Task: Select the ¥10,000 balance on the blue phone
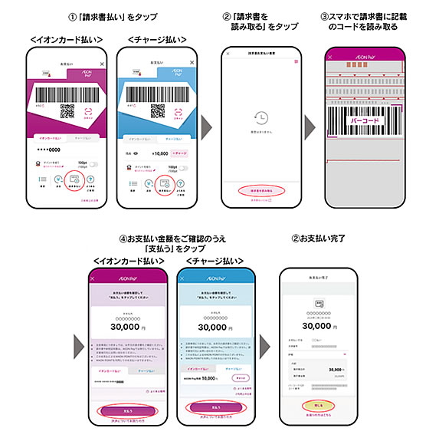pos(156,153)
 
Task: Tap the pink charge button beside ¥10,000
pos(183,153)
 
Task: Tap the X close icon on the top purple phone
pos(103,64)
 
